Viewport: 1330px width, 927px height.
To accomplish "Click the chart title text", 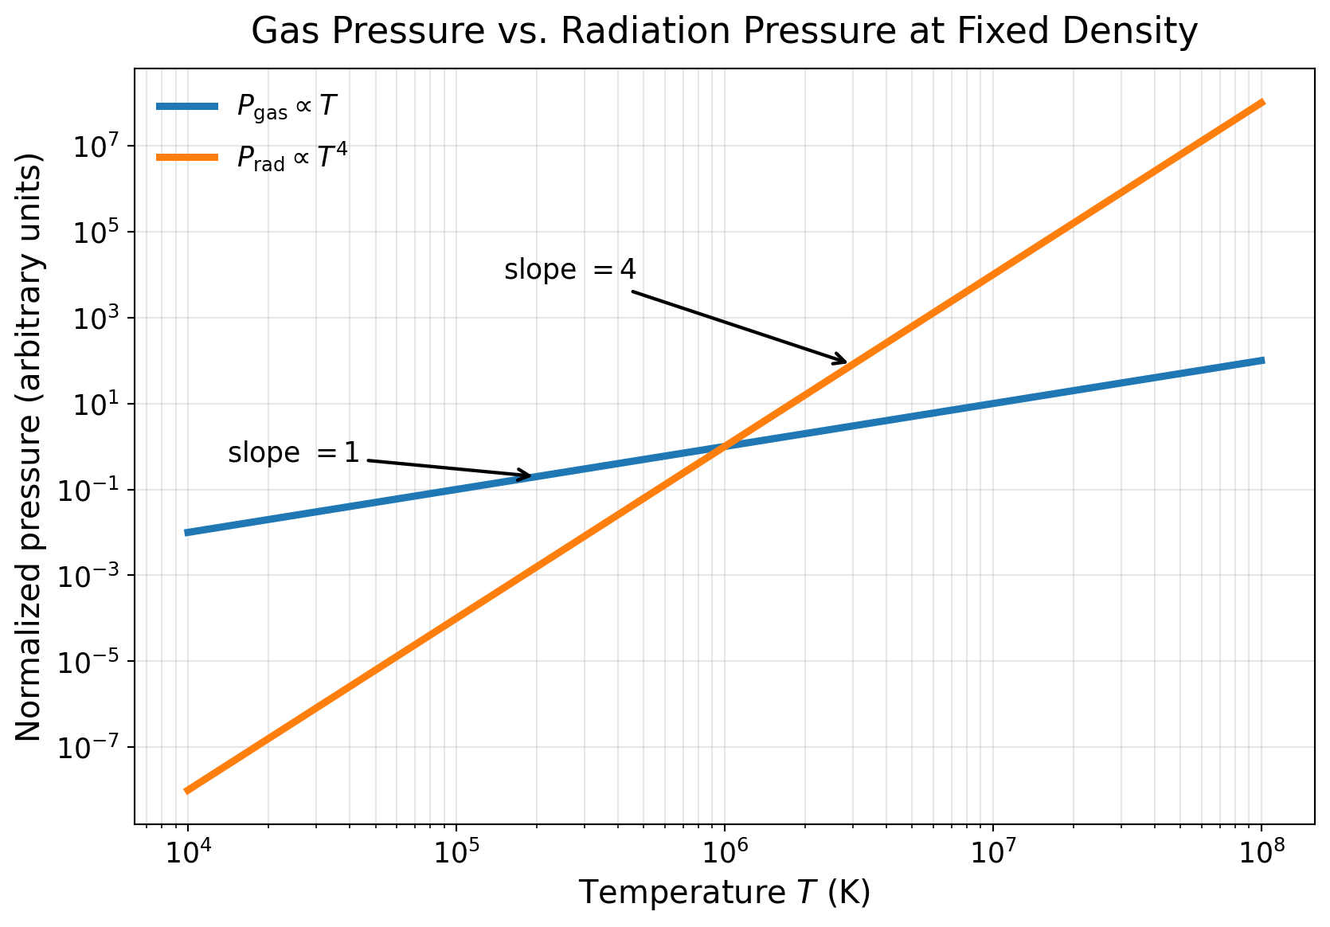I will click(724, 32).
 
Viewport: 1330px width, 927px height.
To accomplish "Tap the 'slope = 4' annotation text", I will click(570, 270).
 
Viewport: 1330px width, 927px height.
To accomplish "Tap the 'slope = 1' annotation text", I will click(294, 453).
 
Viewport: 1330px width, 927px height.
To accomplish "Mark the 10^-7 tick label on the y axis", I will click(93, 747).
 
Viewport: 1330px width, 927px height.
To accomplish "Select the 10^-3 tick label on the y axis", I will click(93, 575).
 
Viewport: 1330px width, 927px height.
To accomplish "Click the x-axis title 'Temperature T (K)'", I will click(724, 893).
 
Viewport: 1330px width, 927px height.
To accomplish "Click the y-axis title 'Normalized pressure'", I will click(29, 446).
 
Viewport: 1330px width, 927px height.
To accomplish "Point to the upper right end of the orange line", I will click(1262, 103).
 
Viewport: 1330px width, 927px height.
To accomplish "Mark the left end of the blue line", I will click(187, 532).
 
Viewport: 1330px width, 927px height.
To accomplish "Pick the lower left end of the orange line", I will click(187, 790).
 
